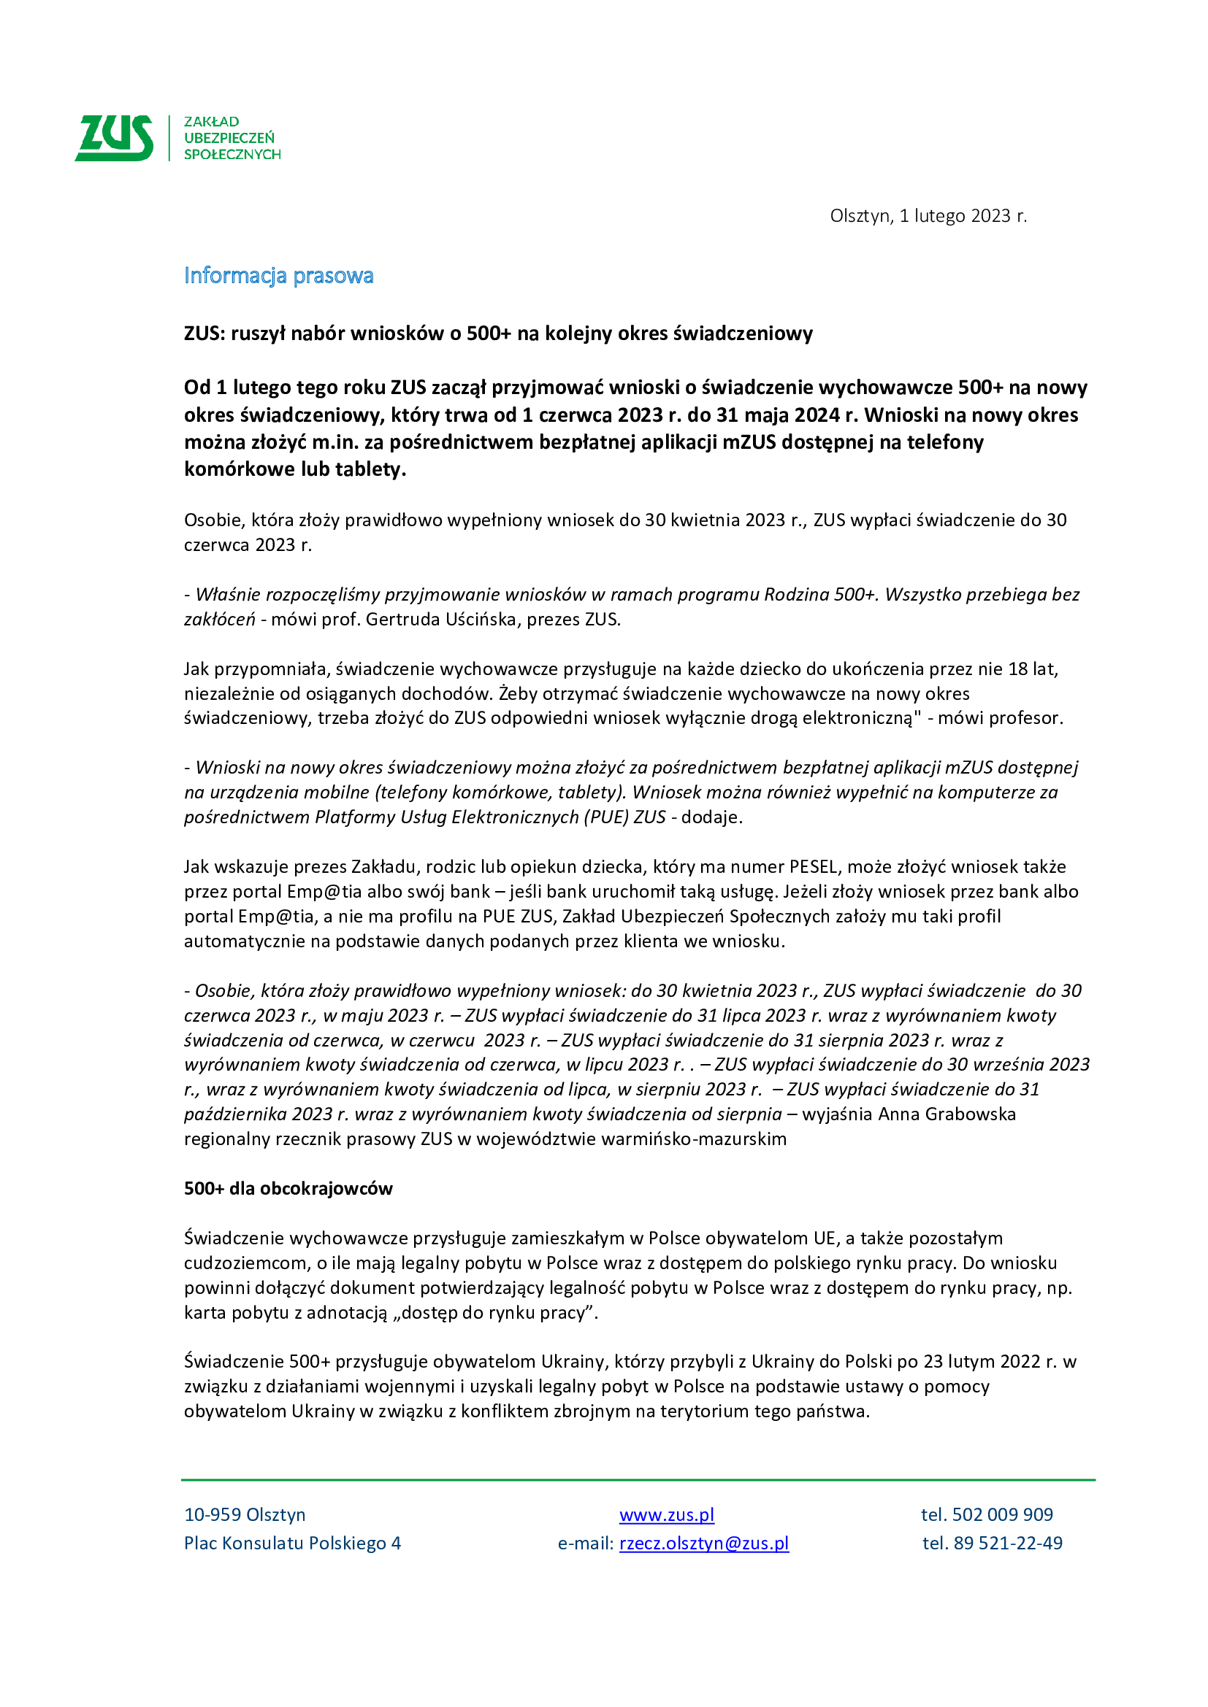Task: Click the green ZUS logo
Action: coord(115,137)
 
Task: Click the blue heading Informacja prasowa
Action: coord(278,276)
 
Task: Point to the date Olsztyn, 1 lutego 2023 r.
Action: coord(928,215)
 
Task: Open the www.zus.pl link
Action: coord(667,1514)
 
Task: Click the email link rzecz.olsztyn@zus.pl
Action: coord(703,1543)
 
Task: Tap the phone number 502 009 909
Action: coord(1002,1514)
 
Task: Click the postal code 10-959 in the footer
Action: coord(213,1514)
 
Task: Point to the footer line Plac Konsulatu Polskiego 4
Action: coord(292,1543)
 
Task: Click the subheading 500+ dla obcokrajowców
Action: coord(288,1188)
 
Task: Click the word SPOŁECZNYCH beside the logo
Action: coord(232,155)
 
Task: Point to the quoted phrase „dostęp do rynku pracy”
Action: coord(492,1312)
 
